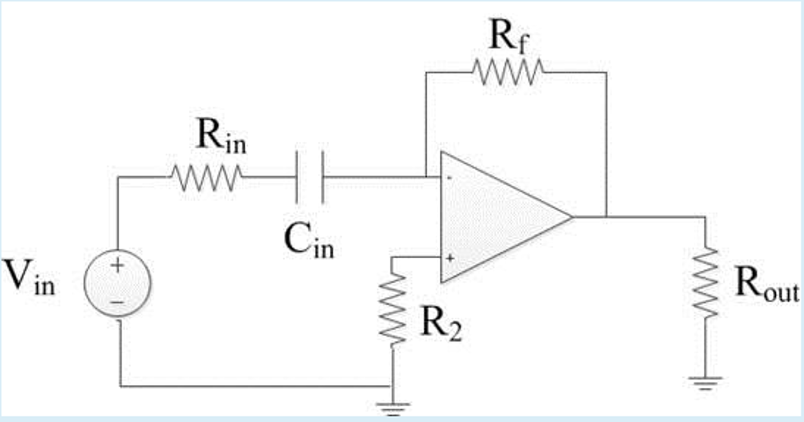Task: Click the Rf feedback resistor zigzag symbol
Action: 508,72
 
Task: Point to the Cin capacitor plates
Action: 310,177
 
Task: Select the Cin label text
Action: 308,241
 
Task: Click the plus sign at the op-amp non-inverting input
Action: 450,258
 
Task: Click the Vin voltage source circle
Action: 117,283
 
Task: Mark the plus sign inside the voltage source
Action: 117,265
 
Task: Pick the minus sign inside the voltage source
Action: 117,302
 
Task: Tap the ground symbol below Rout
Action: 705,382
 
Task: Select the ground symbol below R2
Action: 393,408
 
